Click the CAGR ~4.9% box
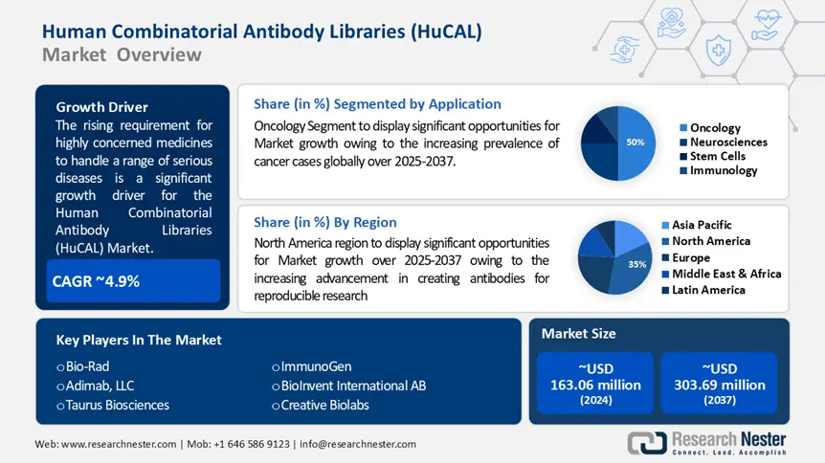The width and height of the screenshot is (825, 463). coord(133,281)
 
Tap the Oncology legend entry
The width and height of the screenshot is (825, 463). coord(714,127)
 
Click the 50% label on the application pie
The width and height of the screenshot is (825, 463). coord(635,142)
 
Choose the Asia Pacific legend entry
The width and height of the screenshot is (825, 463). coord(706,225)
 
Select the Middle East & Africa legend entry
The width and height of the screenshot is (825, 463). coord(725,274)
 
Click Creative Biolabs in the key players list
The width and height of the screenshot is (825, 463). coord(324,405)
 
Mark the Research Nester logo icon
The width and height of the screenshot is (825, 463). coord(647,442)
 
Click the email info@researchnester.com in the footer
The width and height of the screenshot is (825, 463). coord(361,444)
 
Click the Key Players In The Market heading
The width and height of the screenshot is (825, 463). coord(139,340)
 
